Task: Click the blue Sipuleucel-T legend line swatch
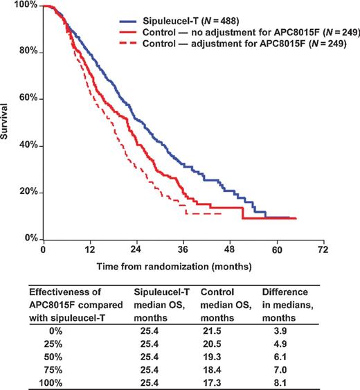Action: (128, 21)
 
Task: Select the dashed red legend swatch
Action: (128, 44)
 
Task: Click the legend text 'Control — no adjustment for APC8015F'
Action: (231, 33)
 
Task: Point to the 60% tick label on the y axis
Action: (28, 97)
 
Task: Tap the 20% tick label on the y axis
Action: (28, 191)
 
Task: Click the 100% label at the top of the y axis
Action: (26, 4)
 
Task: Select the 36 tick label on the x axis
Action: (183, 249)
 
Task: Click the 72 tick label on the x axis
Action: (323, 249)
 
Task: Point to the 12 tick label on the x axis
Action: (90, 249)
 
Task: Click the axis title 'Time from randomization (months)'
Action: (174, 267)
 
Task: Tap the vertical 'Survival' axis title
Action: (4, 121)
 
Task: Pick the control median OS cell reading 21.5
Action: (212, 331)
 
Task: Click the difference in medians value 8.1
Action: (280, 382)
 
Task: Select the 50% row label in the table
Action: (53, 357)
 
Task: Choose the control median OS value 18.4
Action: (212, 370)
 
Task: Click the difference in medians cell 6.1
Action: (280, 357)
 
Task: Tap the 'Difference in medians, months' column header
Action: (287, 305)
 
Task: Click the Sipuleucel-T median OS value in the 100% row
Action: (150, 382)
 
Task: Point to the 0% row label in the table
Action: (55, 331)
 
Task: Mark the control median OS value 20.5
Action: (212, 344)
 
